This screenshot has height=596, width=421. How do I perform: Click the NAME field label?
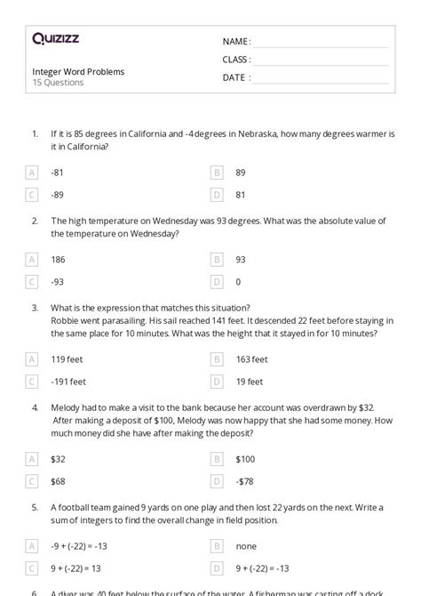click(x=236, y=42)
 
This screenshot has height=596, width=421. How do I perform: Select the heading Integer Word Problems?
click(x=78, y=71)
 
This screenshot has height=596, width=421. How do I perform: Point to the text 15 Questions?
click(x=58, y=83)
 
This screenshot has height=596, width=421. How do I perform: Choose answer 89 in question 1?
click(x=241, y=173)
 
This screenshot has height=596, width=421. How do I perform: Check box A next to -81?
click(x=33, y=173)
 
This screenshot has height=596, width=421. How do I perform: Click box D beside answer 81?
click(x=216, y=194)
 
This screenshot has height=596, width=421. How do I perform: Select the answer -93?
click(x=58, y=281)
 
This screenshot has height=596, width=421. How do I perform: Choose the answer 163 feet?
click(x=252, y=359)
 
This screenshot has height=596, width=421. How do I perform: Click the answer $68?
click(x=59, y=480)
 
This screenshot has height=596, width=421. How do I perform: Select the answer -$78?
click(x=244, y=480)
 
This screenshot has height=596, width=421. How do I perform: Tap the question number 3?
click(x=35, y=308)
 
